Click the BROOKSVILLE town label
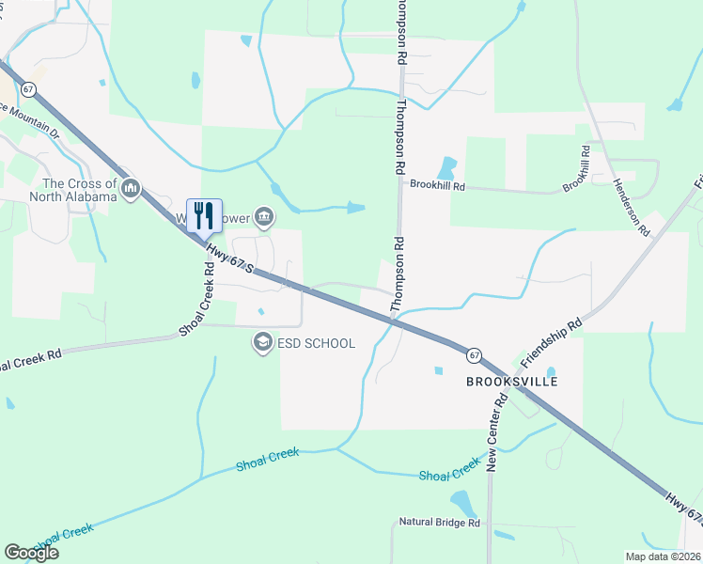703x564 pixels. click(512, 382)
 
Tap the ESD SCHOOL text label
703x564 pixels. click(316, 343)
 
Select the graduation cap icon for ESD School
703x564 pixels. click(262, 343)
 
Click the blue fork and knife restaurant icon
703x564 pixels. click(204, 215)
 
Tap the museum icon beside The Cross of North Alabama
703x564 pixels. click(131, 190)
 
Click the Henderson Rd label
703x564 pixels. click(632, 207)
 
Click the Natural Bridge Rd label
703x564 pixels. click(439, 522)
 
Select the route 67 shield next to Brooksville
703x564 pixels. click(475, 355)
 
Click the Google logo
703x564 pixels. click(31, 553)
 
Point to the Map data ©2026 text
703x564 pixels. click(663, 556)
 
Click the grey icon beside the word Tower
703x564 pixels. click(264, 218)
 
